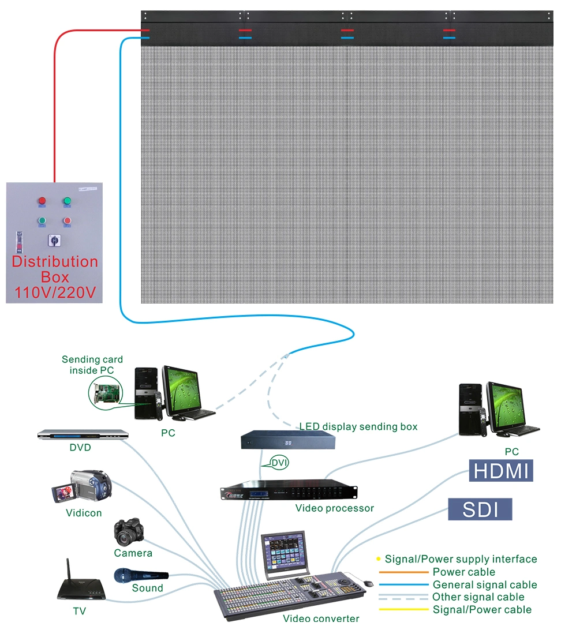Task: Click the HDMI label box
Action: pos(501,470)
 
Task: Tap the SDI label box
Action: pos(480,509)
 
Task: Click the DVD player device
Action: pos(82,435)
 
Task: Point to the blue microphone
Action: pos(140,575)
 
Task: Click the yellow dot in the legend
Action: pos(379,559)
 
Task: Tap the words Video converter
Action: pos(321,618)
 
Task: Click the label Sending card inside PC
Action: pos(92,365)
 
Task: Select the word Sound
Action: pos(147,588)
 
